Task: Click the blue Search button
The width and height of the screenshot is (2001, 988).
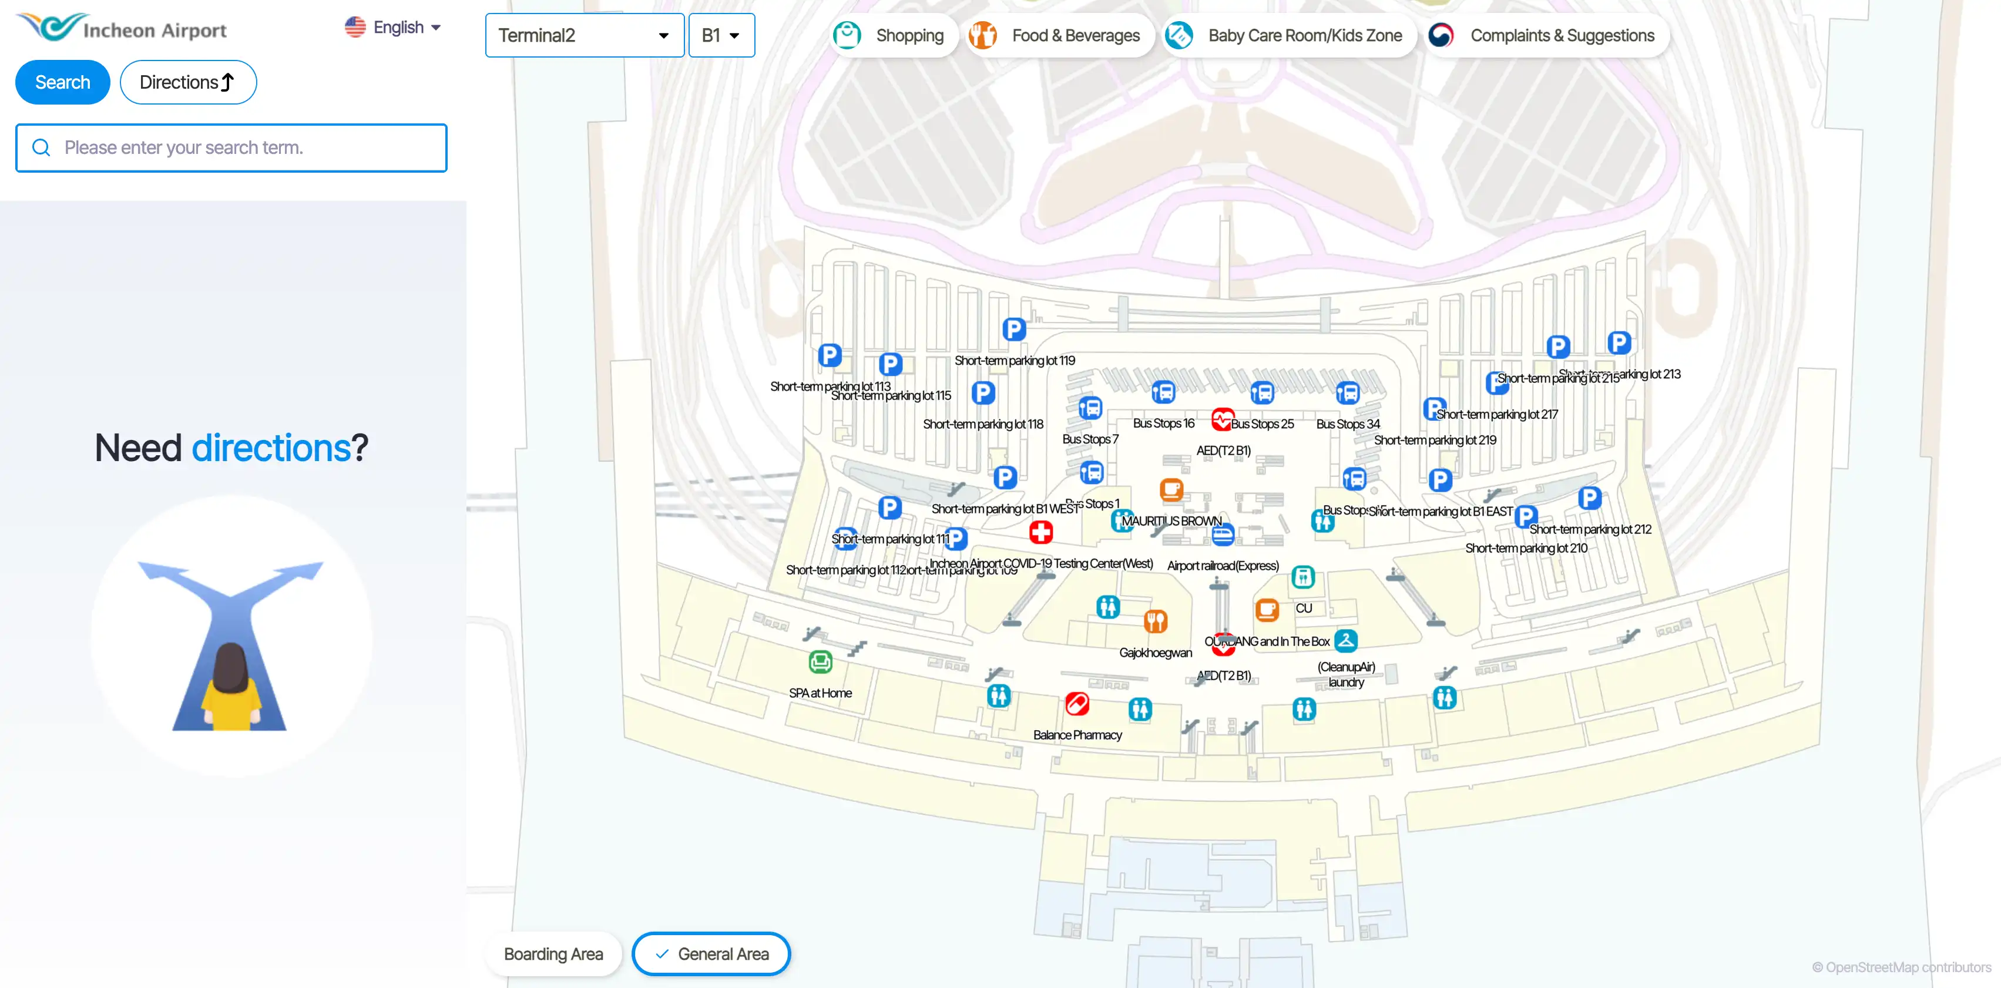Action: tap(62, 82)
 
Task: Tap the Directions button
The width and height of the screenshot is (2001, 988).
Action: tap(188, 82)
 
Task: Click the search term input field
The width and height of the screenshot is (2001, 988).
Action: tap(231, 147)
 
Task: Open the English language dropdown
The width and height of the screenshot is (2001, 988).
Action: tap(393, 27)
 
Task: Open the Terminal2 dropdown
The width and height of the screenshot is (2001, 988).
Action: tap(584, 35)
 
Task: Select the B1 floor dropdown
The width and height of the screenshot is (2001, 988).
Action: tap(721, 35)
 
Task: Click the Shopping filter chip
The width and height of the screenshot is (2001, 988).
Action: tap(889, 35)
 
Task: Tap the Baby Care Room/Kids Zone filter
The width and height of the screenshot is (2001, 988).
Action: tap(1284, 35)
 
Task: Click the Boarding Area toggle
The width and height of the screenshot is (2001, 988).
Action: tap(553, 954)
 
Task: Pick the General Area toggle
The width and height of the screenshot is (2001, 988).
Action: tap(711, 954)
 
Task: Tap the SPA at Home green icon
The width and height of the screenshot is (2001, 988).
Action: tap(820, 662)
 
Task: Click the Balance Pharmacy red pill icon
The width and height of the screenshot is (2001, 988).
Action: tap(1077, 704)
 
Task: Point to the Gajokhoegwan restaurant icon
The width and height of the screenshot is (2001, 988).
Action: tap(1156, 621)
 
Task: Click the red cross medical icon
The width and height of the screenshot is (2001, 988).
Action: tap(1041, 532)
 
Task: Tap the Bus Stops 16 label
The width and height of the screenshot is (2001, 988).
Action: tap(1163, 424)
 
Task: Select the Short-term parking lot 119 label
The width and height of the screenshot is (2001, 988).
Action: tap(1015, 361)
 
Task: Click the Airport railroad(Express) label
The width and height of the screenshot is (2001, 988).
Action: tap(1223, 566)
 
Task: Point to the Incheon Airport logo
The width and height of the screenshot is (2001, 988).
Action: tap(122, 28)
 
